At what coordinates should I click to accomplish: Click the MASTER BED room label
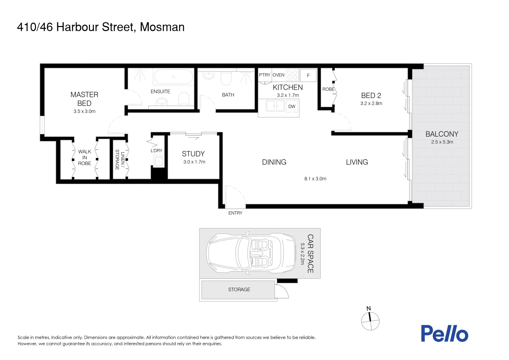[84, 99]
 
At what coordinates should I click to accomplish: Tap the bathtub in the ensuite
[173, 77]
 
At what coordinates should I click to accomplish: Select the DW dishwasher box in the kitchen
[292, 107]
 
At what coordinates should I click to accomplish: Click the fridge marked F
[308, 76]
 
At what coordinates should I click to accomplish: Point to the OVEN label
[278, 75]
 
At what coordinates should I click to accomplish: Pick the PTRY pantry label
[264, 75]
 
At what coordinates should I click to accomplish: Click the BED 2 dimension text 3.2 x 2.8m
[371, 103]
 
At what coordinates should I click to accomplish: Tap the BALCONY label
[442, 134]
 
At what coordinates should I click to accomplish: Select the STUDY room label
[193, 154]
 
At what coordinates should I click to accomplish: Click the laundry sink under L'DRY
[159, 161]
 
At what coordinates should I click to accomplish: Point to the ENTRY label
[235, 213]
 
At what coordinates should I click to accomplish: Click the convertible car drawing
[251, 253]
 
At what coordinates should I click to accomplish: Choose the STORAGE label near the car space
[239, 290]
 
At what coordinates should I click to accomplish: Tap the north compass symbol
[370, 321]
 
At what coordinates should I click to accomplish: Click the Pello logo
[444, 334]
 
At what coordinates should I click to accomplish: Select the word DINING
[274, 162]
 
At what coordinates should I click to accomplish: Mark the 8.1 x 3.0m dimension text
[315, 179]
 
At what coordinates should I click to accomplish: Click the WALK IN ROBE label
[85, 157]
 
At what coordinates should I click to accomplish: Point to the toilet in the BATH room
[226, 79]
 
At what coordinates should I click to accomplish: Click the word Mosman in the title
[162, 27]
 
